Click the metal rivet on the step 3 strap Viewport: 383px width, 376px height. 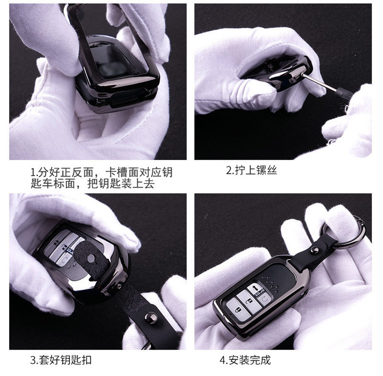(x=150, y=318)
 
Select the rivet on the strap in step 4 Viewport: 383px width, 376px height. (x=315, y=250)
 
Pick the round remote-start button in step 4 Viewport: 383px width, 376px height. (x=265, y=299)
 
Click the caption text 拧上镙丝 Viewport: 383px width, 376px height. (x=256, y=170)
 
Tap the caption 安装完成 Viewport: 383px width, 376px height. (x=249, y=360)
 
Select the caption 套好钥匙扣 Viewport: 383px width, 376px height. (x=65, y=360)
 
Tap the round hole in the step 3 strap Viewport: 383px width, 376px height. (x=91, y=259)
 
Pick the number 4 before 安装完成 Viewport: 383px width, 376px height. (x=222, y=360)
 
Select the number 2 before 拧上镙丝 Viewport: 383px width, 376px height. (x=229, y=170)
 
